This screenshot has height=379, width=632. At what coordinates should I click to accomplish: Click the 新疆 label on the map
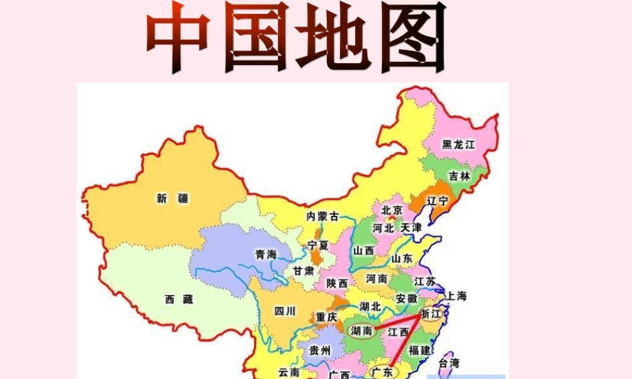tap(173, 198)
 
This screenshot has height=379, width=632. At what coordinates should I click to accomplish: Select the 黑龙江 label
tap(458, 145)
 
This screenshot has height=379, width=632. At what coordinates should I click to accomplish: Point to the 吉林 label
tap(459, 176)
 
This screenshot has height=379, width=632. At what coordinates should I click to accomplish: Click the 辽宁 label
tap(437, 201)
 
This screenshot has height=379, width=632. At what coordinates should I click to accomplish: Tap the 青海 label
tap(266, 255)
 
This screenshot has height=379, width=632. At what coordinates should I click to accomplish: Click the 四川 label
tap(285, 310)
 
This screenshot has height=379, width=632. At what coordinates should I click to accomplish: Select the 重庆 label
tap(327, 317)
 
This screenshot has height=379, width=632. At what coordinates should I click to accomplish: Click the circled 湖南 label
tap(362, 330)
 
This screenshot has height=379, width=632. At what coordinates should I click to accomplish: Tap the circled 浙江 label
tap(433, 314)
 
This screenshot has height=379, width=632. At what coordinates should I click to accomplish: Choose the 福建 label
tap(419, 349)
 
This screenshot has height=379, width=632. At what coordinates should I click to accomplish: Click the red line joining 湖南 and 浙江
tap(398, 323)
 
